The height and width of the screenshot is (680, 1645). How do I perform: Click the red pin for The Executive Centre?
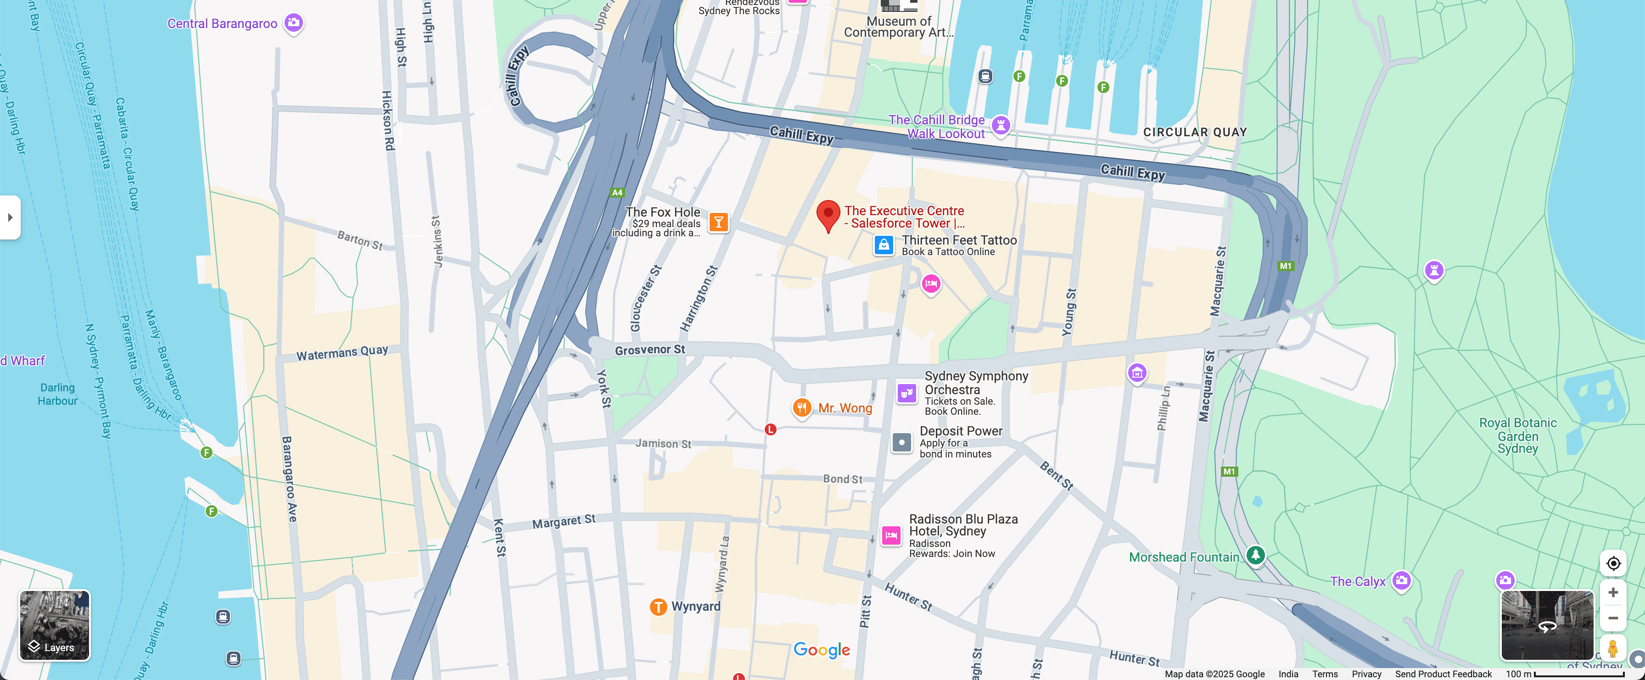pyautogui.click(x=828, y=215)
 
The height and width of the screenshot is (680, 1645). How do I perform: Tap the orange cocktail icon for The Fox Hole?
pyautogui.click(x=718, y=222)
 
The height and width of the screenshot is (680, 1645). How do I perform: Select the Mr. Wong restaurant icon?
pyautogui.click(x=801, y=407)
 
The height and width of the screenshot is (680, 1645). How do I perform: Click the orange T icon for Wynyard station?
pyautogui.click(x=658, y=607)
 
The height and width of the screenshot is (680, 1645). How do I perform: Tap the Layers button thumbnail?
pyautogui.click(x=55, y=624)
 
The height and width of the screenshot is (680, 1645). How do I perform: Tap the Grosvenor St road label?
pyautogui.click(x=649, y=350)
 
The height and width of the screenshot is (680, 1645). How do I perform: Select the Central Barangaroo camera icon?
pyautogui.click(x=294, y=23)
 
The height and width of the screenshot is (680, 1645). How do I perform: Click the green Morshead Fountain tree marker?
pyautogui.click(x=1255, y=554)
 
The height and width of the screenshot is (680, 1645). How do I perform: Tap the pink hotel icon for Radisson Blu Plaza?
pyautogui.click(x=891, y=535)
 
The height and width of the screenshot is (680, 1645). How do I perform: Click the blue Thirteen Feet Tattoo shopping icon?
pyautogui.click(x=883, y=245)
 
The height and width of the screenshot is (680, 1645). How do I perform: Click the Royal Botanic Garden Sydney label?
pyautogui.click(x=1517, y=436)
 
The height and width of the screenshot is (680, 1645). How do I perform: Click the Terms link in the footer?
pyautogui.click(x=1325, y=674)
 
